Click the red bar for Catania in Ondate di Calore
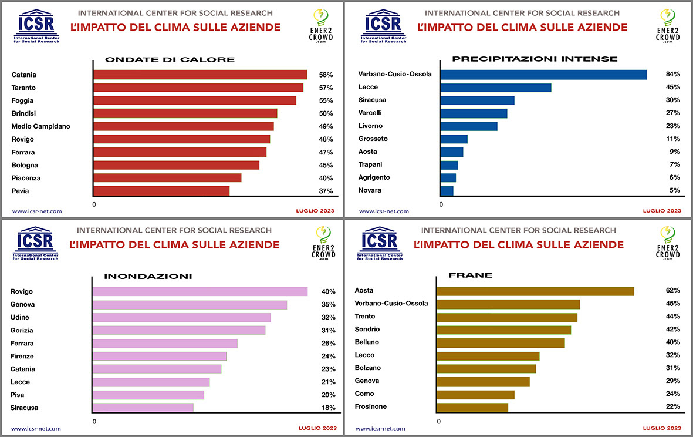tap(200, 75)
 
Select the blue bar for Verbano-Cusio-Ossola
tap(543, 75)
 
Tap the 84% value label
tap(672, 74)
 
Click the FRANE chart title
tap(462, 275)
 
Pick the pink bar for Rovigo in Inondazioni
tap(200, 291)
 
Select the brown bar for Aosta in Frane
tap(535, 291)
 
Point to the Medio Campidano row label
tap(41, 126)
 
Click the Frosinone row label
tap(371, 406)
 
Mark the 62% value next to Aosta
tap(672, 290)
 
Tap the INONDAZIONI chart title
tap(148, 276)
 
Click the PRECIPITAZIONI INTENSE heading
tap(535, 59)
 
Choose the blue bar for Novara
tap(447, 190)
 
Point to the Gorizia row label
tap(22, 331)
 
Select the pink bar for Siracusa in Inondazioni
tap(143, 408)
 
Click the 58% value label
tap(326, 75)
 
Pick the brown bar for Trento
tap(507, 317)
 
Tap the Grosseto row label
tap(373, 139)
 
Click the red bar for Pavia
tap(161, 191)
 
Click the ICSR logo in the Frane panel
tap(380, 243)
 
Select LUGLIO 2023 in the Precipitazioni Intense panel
tap(662, 211)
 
